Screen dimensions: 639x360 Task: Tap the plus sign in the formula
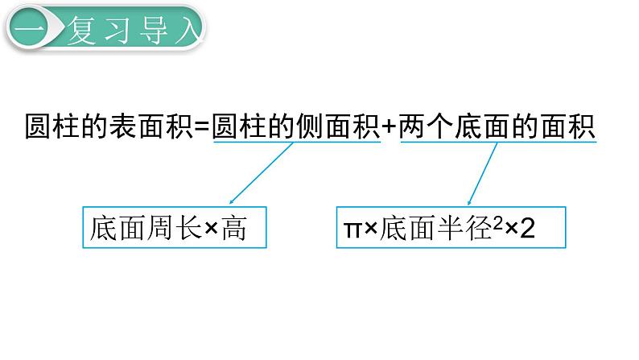[390, 127]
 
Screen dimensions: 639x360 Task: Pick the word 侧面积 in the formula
[339, 126]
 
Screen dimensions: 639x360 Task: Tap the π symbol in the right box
[351, 230]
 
